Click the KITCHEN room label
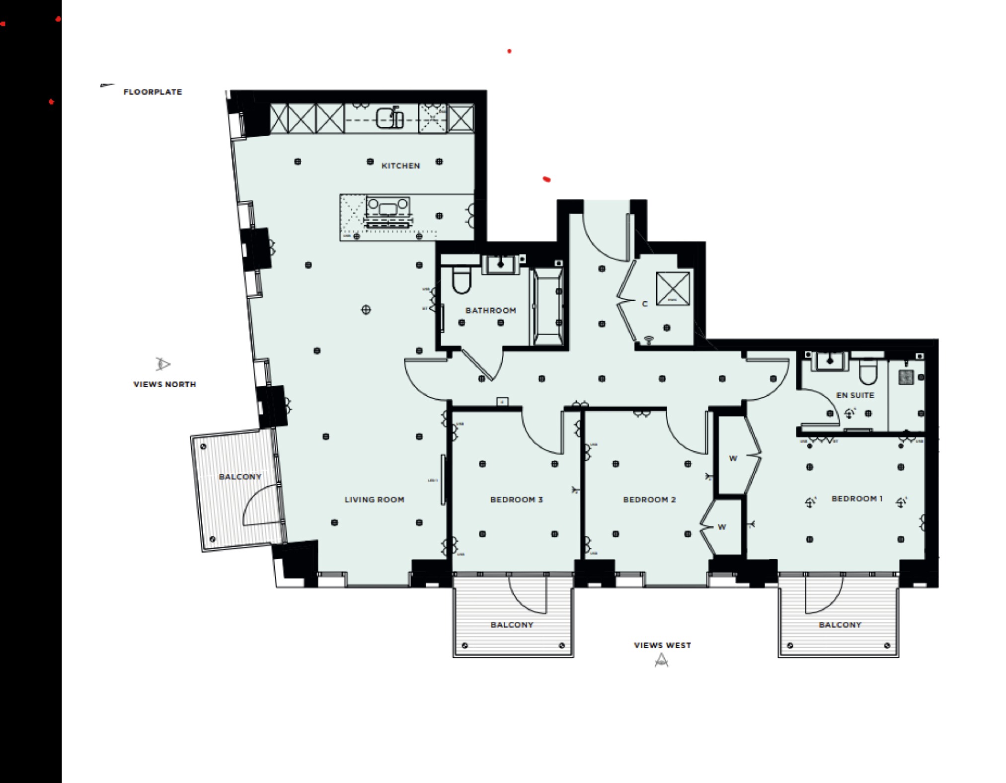(400, 166)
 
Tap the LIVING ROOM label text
(374, 499)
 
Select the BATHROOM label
(490, 310)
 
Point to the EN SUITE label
(855, 395)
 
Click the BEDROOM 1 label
(857, 498)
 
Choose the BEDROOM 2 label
(649, 499)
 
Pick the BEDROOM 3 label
(516, 499)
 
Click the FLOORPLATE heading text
(153, 92)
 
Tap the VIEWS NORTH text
(164, 384)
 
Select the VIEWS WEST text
(662, 645)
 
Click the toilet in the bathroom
(462, 281)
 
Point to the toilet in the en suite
(868, 372)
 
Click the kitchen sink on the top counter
(389, 118)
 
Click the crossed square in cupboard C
(673, 288)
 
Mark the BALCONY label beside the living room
(240, 477)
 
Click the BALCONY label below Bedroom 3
(512, 624)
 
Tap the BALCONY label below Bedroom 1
(840, 624)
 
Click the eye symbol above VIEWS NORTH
(162, 364)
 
